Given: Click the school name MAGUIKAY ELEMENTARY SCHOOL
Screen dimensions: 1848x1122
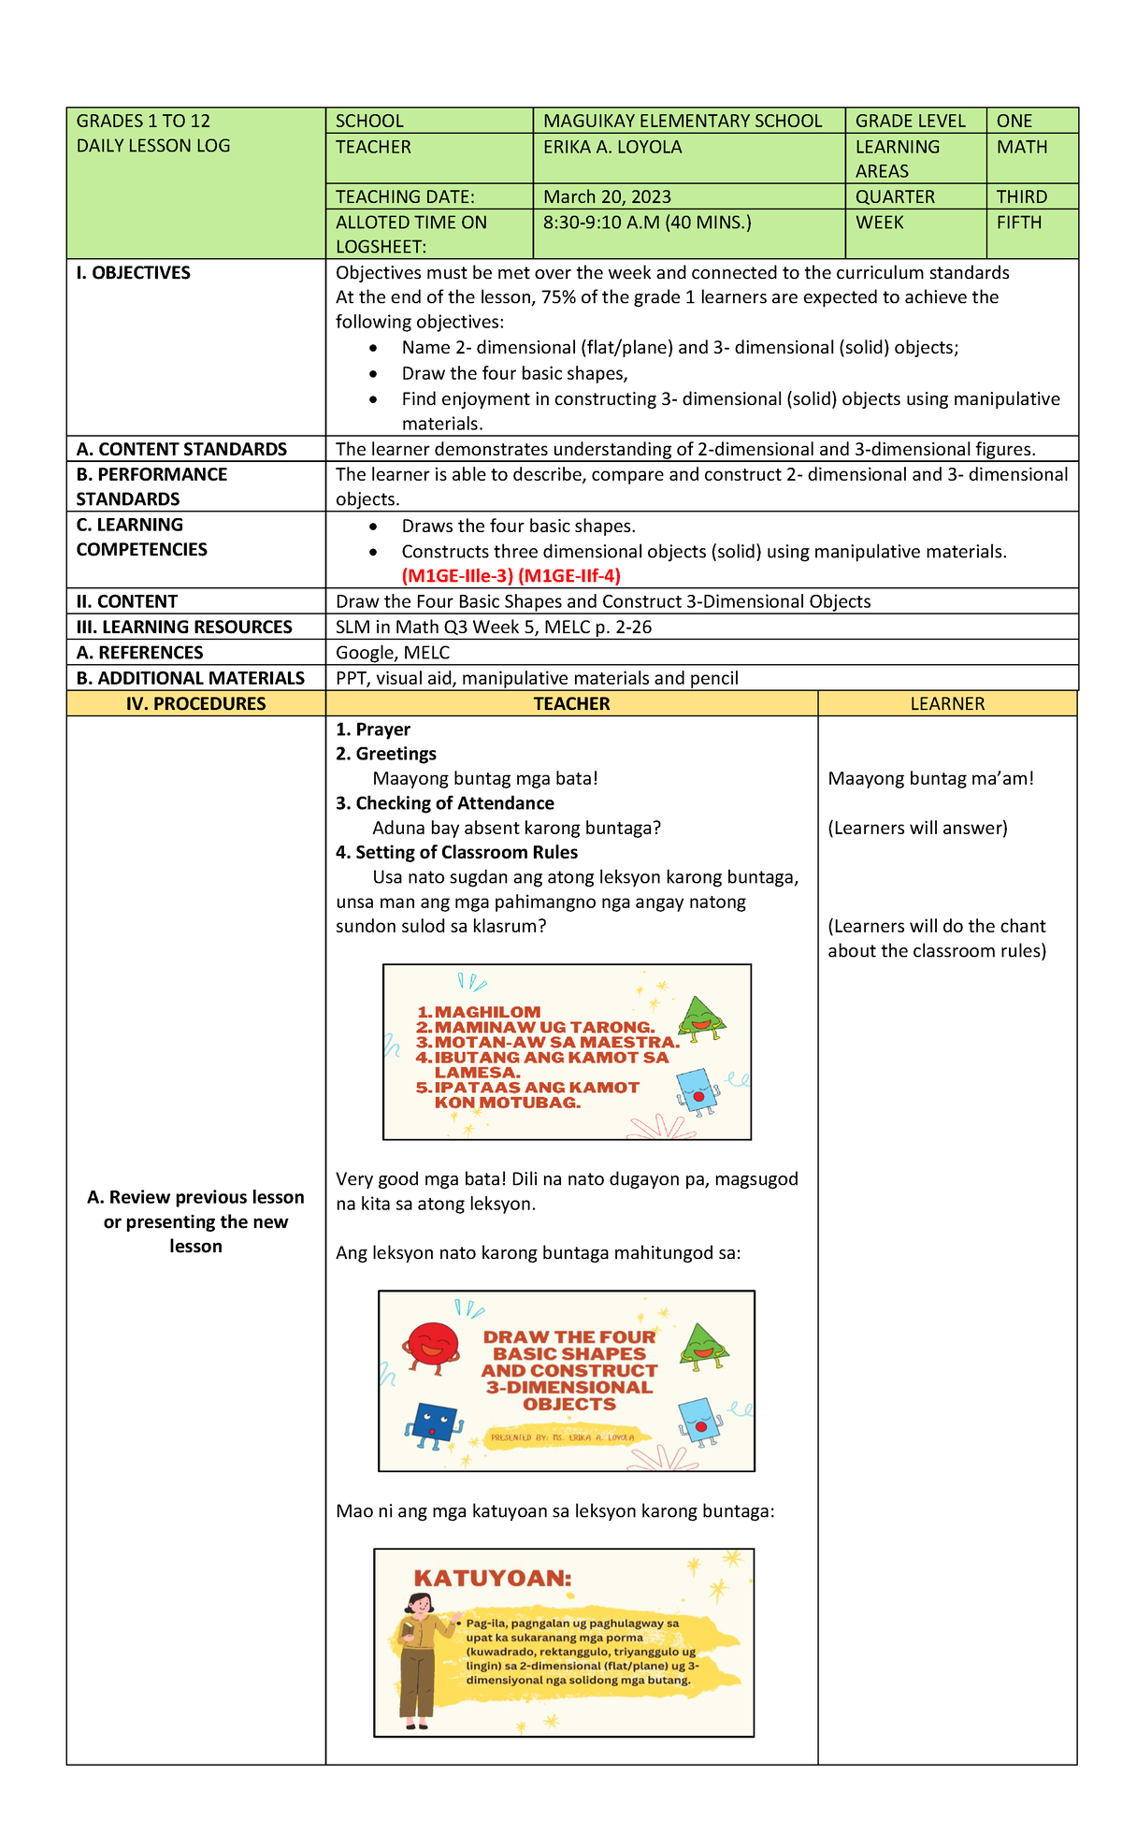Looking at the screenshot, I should (x=683, y=121).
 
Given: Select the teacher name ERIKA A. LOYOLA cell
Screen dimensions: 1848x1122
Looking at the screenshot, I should (x=612, y=148).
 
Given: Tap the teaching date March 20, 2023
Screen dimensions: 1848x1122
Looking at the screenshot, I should (x=607, y=197).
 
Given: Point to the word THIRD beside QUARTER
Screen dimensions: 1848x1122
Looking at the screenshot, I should (x=1021, y=197).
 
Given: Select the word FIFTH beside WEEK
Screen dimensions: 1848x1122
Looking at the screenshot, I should (x=1018, y=224).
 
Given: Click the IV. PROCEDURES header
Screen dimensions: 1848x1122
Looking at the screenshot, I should (x=196, y=704).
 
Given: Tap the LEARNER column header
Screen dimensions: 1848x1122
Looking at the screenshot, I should (x=946, y=704).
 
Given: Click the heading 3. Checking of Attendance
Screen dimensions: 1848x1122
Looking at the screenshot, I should (x=445, y=803).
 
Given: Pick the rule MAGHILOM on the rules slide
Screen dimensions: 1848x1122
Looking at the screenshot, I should (x=486, y=1012).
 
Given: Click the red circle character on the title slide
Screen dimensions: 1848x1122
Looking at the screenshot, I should (x=432, y=1349).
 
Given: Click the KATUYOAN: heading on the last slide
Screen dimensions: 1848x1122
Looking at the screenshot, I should (x=492, y=1579).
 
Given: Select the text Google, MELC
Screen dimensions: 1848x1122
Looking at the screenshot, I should (x=393, y=653).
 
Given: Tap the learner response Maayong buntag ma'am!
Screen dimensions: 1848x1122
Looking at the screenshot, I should (x=930, y=779).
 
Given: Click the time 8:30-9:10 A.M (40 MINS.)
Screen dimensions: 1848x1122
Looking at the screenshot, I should (x=646, y=224).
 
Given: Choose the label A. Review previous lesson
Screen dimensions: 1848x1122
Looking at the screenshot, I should (x=195, y=1198).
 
